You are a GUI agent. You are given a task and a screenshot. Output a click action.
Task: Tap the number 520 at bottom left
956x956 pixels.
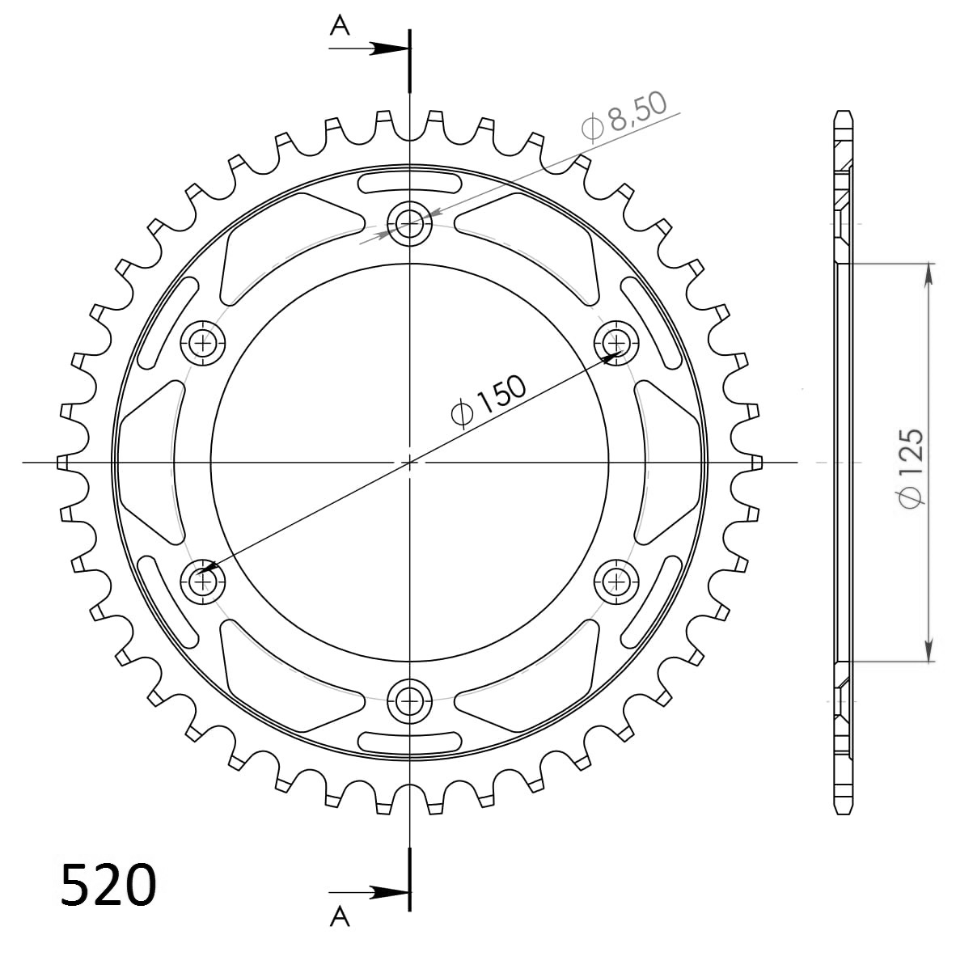pos(108,885)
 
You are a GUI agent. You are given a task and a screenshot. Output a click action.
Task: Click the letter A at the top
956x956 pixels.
pos(340,27)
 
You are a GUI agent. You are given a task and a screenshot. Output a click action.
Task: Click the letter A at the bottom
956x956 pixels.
pos(340,916)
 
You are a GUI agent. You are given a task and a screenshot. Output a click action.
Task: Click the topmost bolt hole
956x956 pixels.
pos(410,222)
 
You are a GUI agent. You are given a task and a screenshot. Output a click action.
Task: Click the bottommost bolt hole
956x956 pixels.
pos(410,699)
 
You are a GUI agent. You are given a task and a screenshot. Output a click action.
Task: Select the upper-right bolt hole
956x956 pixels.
pos(616,341)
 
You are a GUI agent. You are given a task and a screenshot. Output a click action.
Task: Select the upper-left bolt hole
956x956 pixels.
pos(202,341)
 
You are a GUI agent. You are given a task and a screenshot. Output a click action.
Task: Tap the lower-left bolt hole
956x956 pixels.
pos(202,579)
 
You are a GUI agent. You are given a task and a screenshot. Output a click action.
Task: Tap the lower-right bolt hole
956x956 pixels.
pos(616,579)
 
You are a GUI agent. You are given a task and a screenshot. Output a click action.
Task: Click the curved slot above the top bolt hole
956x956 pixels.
pos(410,182)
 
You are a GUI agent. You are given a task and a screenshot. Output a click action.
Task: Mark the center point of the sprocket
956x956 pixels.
pos(410,462)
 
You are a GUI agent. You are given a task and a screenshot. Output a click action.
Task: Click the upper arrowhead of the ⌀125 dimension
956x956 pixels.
pos(929,273)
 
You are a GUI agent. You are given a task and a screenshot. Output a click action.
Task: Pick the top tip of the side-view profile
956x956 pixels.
pos(844,112)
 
